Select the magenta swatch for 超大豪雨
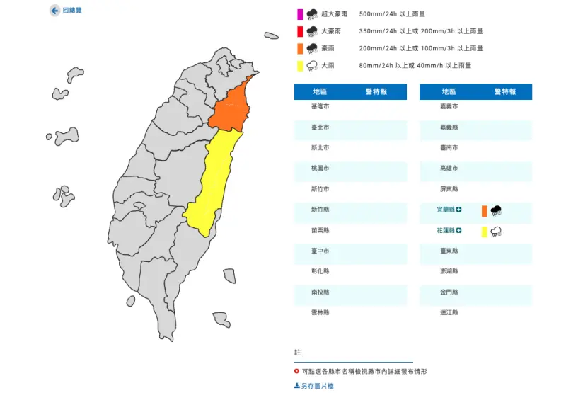point(299,13)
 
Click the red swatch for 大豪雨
point(299,31)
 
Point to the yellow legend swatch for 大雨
point(299,66)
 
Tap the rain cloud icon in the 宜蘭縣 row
point(497,210)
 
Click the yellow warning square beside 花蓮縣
point(484,231)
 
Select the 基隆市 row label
point(320,106)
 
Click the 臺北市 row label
point(320,127)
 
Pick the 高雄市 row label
point(449,169)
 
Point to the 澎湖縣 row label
point(449,271)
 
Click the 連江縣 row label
point(449,312)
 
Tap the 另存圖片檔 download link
point(314,386)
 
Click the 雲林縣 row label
point(320,312)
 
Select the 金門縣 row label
point(449,292)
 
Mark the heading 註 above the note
point(297,353)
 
